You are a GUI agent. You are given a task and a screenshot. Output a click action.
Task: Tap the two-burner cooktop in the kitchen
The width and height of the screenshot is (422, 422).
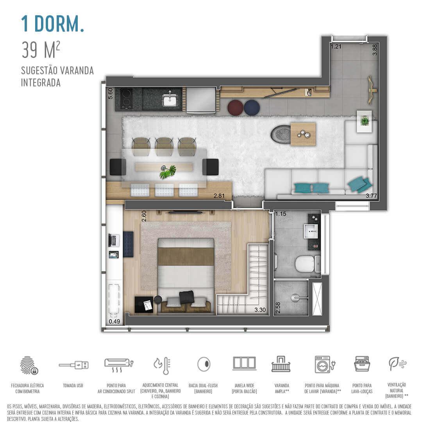[x=126, y=99]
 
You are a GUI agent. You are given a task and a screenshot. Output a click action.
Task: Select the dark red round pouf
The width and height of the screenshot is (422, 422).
[x=235, y=107]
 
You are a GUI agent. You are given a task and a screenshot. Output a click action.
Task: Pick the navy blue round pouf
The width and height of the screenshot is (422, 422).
[x=252, y=107]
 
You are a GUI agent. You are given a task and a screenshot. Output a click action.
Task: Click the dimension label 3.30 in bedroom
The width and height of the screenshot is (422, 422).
[x=260, y=310]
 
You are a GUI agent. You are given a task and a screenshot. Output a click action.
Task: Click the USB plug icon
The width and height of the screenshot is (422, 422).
[x=74, y=365]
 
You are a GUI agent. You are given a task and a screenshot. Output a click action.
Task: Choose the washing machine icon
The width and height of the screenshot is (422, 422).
[x=323, y=364]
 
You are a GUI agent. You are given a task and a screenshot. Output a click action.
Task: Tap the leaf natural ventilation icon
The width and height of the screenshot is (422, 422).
[x=396, y=363]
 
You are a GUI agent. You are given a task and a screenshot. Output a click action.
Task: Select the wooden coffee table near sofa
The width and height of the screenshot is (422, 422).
[x=303, y=134]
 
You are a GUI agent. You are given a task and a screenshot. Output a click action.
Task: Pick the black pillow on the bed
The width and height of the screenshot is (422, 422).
[x=186, y=297]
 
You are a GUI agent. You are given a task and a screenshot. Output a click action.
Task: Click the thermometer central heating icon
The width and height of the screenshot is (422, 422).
[x=162, y=365]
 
